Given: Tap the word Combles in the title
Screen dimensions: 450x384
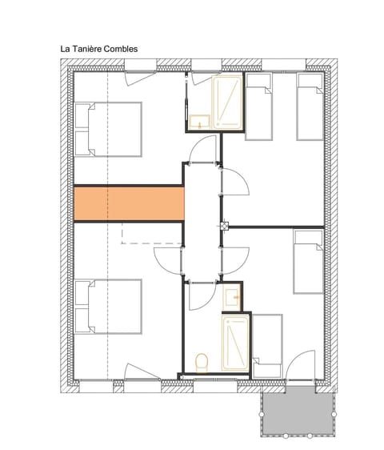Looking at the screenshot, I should pyautogui.click(x=120, y=49).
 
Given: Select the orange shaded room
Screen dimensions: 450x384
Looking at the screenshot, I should pyautogui.click(x=128, y=203).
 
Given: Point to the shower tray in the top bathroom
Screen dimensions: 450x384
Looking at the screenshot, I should pyautogui.click(x=226, y=102).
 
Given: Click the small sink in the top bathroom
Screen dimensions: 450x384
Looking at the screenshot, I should pyautogui.click(x=198, y=121).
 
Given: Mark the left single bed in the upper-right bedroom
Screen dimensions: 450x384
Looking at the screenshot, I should pyautogui.click(x=259, y=107).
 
